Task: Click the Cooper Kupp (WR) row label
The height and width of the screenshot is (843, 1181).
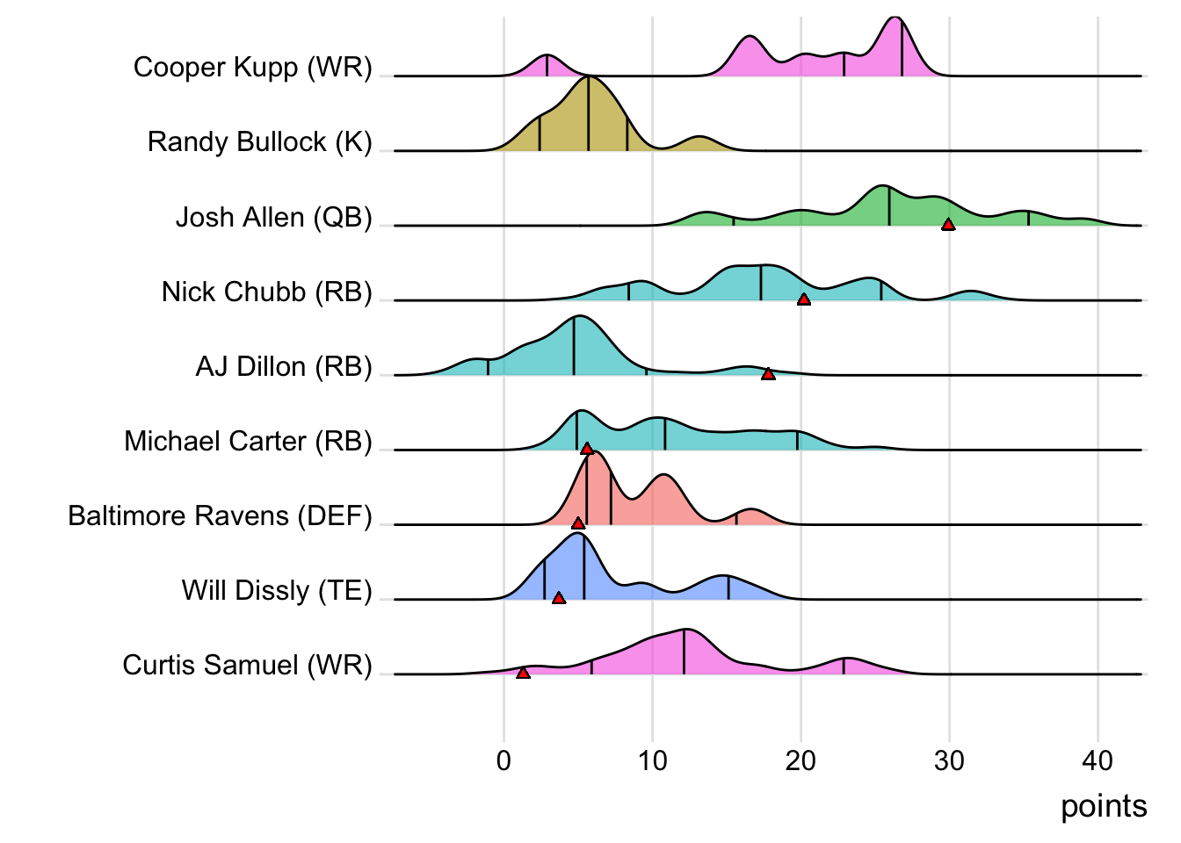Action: (252, 68)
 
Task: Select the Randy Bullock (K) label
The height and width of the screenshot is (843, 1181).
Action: (259, 142)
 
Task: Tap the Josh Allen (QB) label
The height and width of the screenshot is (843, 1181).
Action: (273, 217)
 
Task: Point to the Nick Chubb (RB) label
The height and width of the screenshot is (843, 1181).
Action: (266, 292)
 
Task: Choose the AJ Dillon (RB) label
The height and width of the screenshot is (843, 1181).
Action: (284, 366)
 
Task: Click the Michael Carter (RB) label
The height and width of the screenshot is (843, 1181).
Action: (248, 441)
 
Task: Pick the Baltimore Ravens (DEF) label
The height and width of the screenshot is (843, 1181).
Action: (220, 515)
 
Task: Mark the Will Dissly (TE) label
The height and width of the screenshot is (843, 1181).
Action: (277, 590)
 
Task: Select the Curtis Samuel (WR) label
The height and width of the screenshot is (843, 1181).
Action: (247, 665)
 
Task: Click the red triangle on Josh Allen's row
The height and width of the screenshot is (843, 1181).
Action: (948, 225)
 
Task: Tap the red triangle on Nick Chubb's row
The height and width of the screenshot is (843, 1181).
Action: (803, 299)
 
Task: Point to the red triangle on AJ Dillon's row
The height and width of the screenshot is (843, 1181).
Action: (768, 374)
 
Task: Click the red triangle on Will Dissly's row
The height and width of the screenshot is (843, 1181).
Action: (559, 598)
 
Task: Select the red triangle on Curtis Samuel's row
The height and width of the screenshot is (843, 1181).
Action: (523, 673)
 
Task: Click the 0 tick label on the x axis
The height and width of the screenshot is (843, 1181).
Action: (504, 760)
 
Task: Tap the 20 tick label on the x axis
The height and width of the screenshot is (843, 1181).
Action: (801, 760)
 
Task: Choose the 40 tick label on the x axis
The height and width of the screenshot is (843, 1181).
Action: (1098, 760)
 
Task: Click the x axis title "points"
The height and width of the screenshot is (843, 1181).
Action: (1104, 806)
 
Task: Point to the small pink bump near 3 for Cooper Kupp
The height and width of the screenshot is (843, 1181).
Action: (547, 66)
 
